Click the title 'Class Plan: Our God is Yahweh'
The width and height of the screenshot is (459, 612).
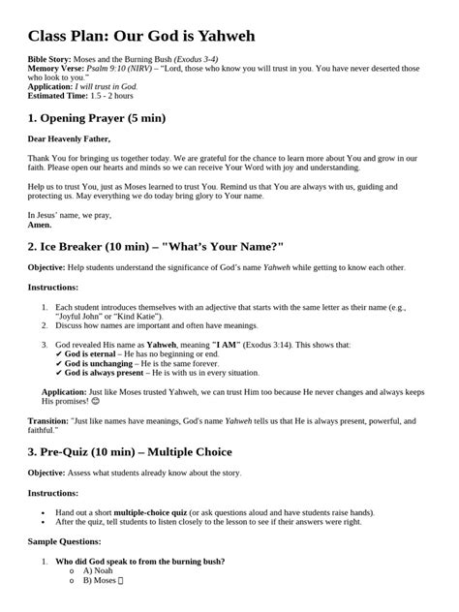coord(141,36)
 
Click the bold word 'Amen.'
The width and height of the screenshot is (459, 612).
coord(40,224)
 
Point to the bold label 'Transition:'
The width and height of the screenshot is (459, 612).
coord(47,423)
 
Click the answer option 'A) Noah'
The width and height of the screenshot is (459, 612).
coord(99,571)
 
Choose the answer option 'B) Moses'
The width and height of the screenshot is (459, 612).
coord(101,581)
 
